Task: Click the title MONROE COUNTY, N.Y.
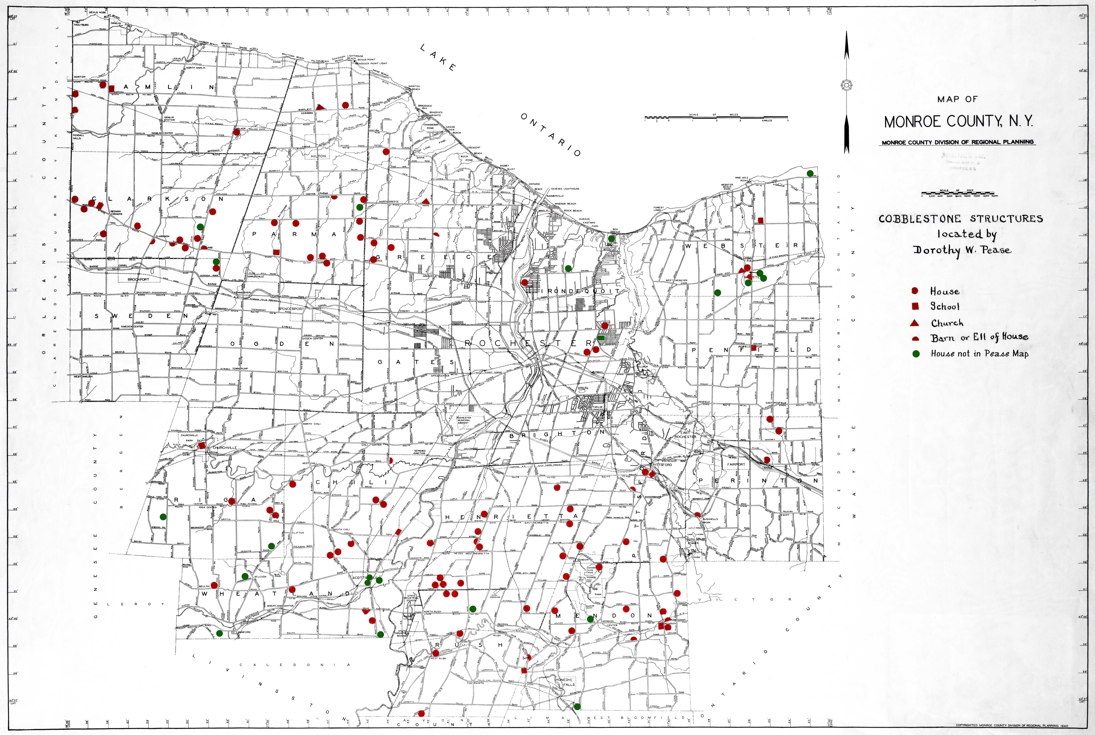[958, 122]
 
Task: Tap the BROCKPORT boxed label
[138, 279]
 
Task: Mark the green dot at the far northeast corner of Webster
[810, 173]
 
